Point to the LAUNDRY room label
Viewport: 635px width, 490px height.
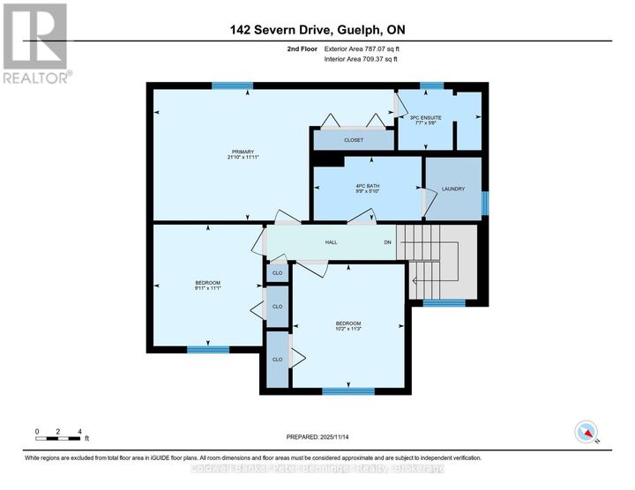tap(452, 189)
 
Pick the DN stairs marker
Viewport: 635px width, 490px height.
tap(386, 242)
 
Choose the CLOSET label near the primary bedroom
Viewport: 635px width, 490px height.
tap(353, 140)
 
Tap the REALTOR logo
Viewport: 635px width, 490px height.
tap(34, 43)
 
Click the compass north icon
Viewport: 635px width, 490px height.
tap(585, 432)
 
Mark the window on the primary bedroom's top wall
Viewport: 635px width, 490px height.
tap(232, 85)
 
